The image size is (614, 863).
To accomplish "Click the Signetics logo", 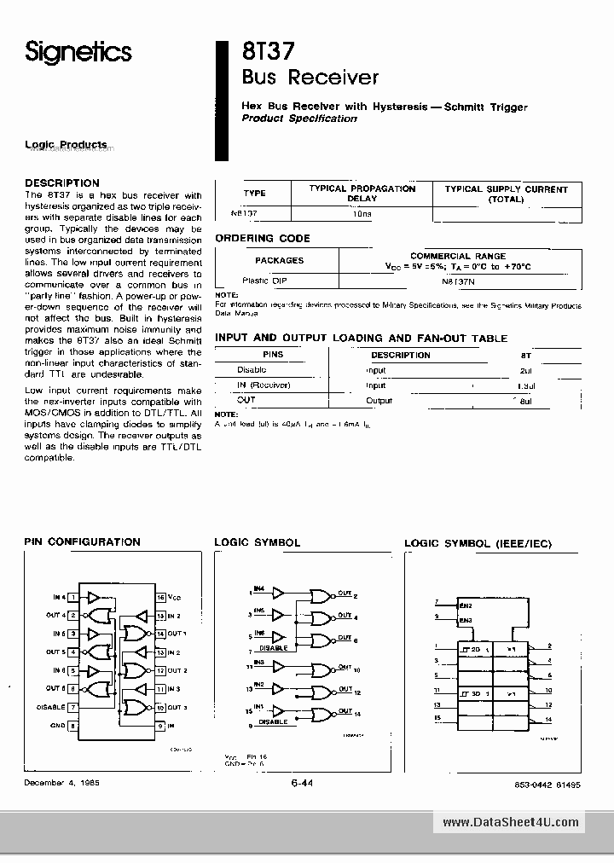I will coord(78,53).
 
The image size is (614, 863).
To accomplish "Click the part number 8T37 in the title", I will coord(267,51).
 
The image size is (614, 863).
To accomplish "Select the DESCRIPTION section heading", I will coord(62,182).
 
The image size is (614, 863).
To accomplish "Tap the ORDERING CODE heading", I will coord(263,238).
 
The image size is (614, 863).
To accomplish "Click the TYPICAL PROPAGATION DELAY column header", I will coord(362,194).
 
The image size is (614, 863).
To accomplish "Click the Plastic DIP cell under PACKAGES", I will coord(267,281).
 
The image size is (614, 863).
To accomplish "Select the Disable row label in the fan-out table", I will coord(252,370).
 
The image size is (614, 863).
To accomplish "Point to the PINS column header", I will coord(273,355).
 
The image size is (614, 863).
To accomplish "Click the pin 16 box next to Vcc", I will coord(160,598).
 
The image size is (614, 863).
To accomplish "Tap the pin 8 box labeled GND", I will coord(74,726).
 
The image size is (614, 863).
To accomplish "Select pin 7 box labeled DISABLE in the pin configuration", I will coord(74,707).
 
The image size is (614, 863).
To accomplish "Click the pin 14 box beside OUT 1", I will coord(160,634).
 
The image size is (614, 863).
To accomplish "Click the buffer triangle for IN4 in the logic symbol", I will coord(278,594).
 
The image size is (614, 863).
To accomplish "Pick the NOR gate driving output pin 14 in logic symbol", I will coord(321,713).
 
